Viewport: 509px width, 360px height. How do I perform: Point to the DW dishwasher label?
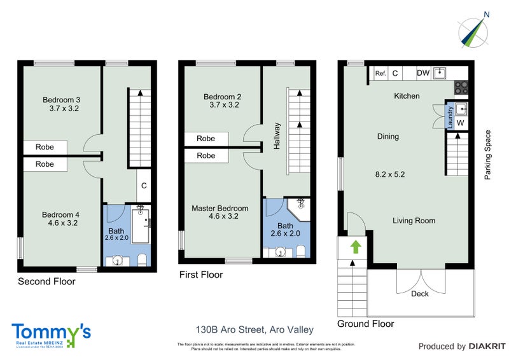423,73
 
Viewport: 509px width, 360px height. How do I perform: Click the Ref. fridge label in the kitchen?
380,73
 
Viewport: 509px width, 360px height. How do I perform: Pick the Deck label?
420,294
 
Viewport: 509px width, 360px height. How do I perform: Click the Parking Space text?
488,155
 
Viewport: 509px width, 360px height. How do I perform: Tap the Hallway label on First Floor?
277,135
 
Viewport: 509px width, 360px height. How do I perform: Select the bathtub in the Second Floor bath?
139,226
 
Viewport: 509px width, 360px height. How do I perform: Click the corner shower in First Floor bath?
299,207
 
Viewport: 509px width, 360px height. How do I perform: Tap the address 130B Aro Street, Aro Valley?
254,329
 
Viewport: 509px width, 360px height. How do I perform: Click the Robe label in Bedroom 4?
45,164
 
